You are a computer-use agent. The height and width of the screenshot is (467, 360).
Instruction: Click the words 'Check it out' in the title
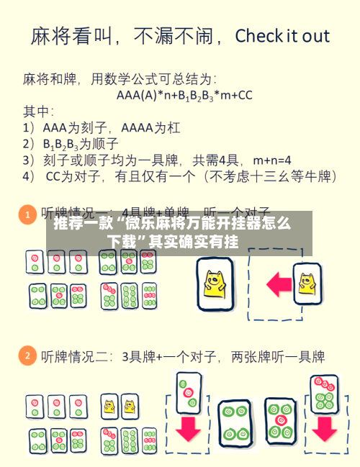click(282, 35)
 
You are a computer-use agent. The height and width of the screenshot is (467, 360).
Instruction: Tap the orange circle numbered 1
click(27, 214)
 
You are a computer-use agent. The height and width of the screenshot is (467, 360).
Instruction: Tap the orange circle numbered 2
click(27, 355)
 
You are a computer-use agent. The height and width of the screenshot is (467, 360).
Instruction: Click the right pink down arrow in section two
click(324, 427)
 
